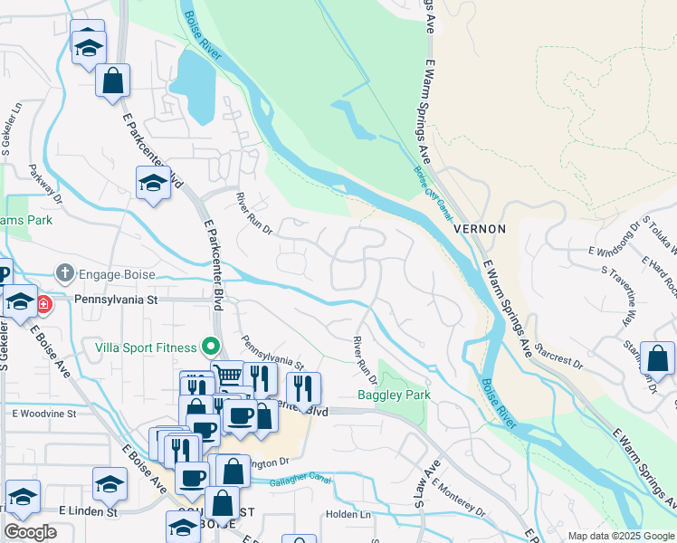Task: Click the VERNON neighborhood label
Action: [x=480, y=229]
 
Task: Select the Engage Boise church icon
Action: [x=65, y=273]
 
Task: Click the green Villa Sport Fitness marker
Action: [x=211, y=347]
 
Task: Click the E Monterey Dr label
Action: [x=459, y=500]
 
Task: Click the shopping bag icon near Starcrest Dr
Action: [x=656, y=359]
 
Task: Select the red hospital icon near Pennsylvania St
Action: [x=43, y=305]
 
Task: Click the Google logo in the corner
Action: [x=31, y=532]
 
